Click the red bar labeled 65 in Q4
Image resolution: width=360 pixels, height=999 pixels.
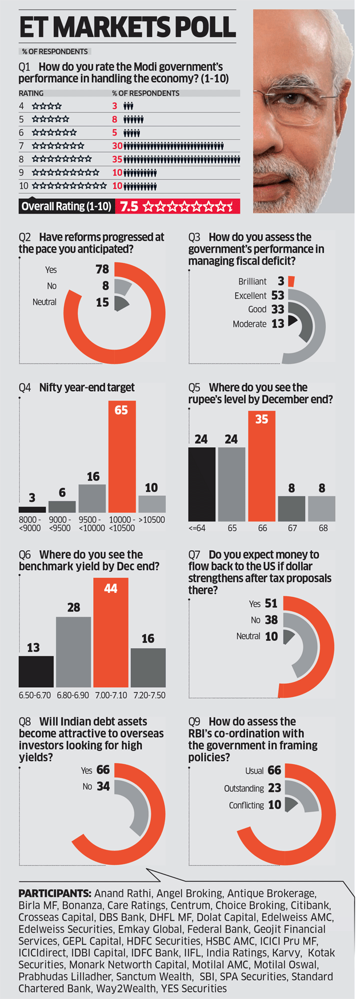click(122, 457)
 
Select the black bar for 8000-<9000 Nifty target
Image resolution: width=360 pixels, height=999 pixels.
click(32, 509)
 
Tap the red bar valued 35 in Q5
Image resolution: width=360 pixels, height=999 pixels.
click(262, 466)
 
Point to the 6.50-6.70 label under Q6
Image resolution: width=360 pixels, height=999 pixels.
click(35, 695)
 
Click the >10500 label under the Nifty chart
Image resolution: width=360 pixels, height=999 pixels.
click(152, 520)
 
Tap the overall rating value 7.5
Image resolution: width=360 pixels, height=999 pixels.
click(129, 206)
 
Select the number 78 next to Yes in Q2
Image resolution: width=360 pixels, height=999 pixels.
click(102, 270)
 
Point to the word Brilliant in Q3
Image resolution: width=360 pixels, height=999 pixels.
click(252, 282)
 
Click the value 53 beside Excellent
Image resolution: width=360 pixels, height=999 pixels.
click(278, 295)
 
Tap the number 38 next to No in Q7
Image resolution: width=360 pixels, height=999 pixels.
click(271, 620)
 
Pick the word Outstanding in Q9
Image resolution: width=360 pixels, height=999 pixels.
click(244, 788)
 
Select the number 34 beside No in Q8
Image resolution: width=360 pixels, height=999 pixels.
click(103, 787)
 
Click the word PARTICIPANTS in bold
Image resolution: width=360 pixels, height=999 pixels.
click(54, 893)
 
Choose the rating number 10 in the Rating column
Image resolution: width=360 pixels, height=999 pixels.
click(23, 186)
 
